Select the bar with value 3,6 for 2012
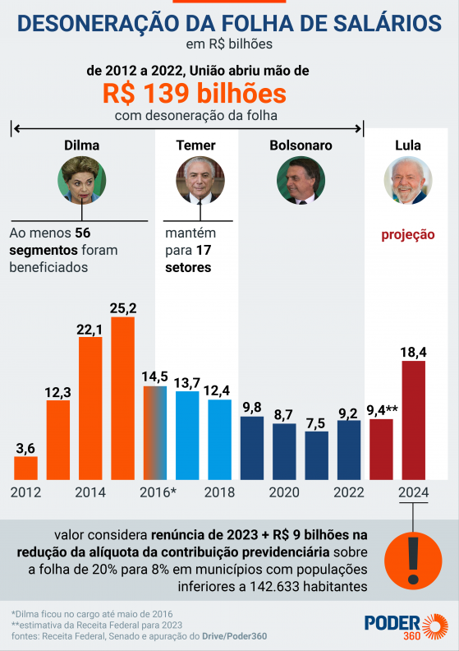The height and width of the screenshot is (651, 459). click(26, 468)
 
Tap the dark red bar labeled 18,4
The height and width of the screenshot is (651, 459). click(413, 420)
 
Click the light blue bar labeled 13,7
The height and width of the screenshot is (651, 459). click(187, 435)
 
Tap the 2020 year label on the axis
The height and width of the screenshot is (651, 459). click(284, 492)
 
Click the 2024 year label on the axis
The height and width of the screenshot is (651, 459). click(412, 492)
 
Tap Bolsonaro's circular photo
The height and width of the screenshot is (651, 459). click(301, 181)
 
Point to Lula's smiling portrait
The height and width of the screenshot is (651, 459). click(408, 181)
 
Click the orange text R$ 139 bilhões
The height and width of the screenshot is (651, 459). click(194, 92)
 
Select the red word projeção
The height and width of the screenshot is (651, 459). click(408, 234)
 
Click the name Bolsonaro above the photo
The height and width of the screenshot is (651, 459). click(301, 145)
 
